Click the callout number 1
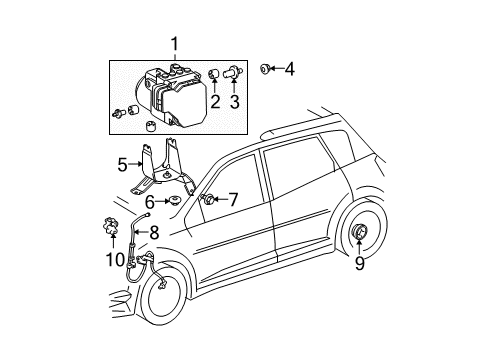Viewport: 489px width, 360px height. [x=176, y=43]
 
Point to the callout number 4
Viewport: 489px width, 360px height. [x=290, y=70]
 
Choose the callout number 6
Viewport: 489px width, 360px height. [x=150, y=203]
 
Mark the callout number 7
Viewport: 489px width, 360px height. [x=234, y=199]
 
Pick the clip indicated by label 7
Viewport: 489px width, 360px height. [x=211, y=199]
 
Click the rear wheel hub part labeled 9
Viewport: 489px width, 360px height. [x=357, y=263]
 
